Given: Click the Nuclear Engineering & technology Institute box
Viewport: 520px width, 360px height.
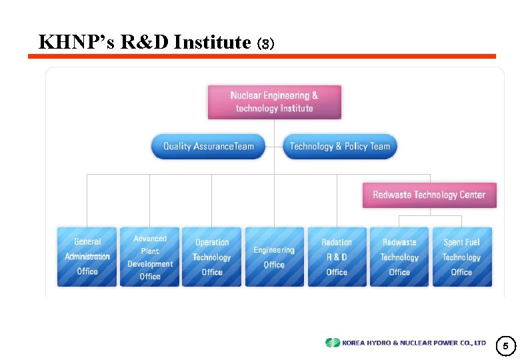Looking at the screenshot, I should tap(274, 102).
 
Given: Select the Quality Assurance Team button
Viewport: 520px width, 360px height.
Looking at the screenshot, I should tap(208, 147).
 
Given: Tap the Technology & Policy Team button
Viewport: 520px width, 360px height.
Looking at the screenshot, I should tap(340, 147).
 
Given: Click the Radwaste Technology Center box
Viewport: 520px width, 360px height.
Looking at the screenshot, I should tap(429, 195).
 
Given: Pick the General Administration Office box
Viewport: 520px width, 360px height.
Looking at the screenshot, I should tap(87, 257).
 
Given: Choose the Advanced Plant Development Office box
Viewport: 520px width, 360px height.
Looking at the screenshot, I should tap(150, 257).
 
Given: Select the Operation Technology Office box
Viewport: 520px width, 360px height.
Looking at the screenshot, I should tap(212, 257).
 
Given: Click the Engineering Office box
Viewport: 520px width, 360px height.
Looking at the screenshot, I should tap(274, 257).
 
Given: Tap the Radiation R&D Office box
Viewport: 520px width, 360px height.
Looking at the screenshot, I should tap(337, 257).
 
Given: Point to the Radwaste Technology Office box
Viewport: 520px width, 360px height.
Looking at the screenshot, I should tap(399, 257).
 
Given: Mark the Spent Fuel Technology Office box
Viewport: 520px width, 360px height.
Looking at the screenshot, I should tap(461, 257).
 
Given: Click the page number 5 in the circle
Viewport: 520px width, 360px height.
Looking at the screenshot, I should tap(505, 346).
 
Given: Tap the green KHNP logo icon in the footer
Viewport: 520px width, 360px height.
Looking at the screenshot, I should tap(332, 343).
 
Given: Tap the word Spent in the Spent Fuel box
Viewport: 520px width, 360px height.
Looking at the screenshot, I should tap(453, 243).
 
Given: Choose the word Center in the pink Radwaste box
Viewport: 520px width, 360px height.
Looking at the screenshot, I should tap(471, 195).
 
